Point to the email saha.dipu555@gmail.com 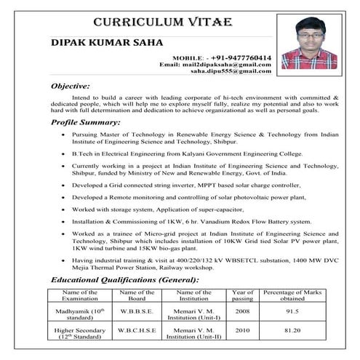(231, 73)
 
